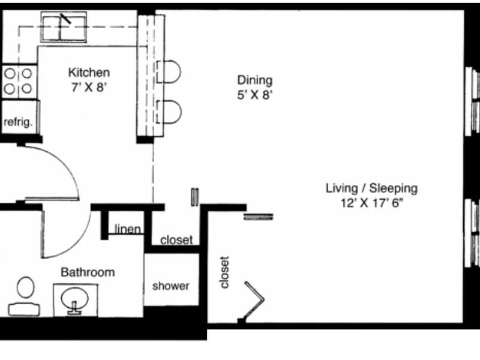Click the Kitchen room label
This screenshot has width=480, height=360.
pyautogui.click(x=89, y=73)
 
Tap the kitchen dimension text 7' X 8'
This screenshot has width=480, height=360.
pyautogui.click(x=89, y=88)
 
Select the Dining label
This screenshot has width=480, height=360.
pyautogui.click(x=254, y=80)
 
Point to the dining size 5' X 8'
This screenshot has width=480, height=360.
pyautogui.click(x=254, y=95)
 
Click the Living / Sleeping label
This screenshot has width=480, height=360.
pyautogui.click(x=371, y=188)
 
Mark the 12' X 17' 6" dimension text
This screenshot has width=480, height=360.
pyautogui.click(x=371, y=203)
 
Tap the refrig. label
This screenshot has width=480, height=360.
pyautogui.click(x=18, y=122)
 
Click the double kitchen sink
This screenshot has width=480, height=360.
pyautogui.click(x=64, y=27)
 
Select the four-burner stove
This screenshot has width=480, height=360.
pyautogui.click(x=19, y=82)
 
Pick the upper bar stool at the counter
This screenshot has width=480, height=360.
pyautogui.click(x=169, y=71)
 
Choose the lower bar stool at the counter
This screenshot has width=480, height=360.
pyautogui.click(x=169, y=112)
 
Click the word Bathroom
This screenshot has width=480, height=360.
pyautogui.click(x=88, y=272)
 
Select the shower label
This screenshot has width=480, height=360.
pyautogui.click(x=170, y=286)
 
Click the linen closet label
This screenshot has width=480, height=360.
pyautogui.click(x=128, y=229)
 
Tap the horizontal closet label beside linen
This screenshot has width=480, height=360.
pyautogui.click(x=176, y=240)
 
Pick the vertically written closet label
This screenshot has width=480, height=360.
pyautogui.click(x=224, y=272)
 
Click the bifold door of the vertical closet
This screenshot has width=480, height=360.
pyautogui.click(x=254, y=299)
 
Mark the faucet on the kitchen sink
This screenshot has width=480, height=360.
pyautogui.click(x=65, y=19)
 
